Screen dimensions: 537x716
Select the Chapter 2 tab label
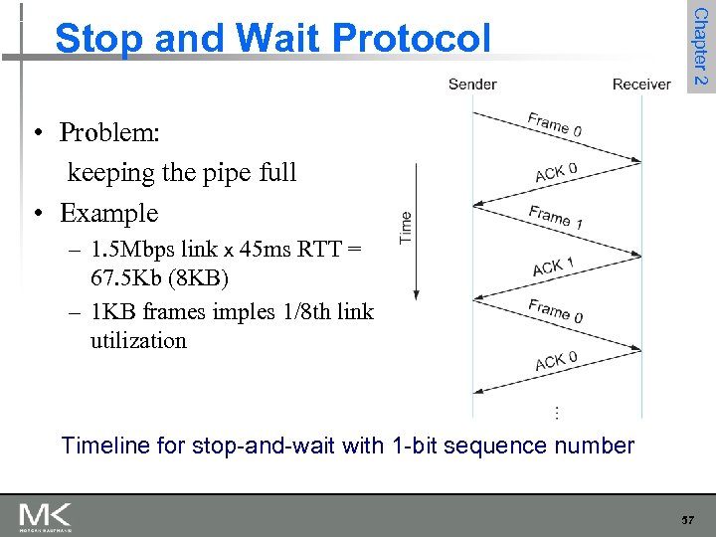(x=701, y=46)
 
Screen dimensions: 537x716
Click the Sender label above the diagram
(x=472, y=84)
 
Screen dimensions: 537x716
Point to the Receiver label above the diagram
(x=641, y=84)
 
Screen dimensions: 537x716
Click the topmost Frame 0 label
(x=555, y=124)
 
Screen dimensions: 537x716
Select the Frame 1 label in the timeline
(x=555, y=217)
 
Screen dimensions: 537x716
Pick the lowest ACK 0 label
(x=556, y=361)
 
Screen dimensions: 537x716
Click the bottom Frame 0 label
(x=555, y=311)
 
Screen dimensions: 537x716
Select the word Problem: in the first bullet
(x=109, y=132)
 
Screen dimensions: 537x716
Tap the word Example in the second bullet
(x=108, y=213)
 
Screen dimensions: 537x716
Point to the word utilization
(x=138, y=340)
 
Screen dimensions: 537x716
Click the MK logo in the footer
(x=45, y=517)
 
